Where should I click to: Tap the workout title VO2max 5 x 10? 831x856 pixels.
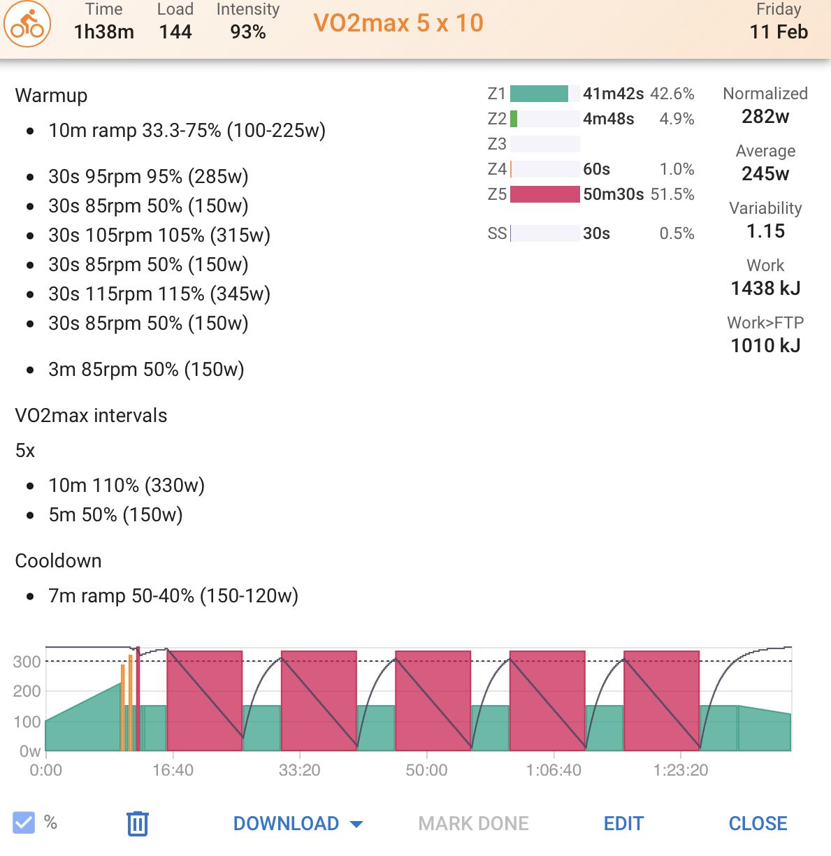(x=398, y=23)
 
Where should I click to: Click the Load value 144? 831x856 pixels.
(x=175, y=32)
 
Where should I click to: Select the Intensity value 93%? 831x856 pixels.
(x=247, y=32)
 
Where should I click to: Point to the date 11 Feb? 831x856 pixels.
(x=779, y=32)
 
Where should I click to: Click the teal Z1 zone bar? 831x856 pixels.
(x=539, y=94)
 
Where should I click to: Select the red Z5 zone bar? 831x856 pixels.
(x=545, y=194)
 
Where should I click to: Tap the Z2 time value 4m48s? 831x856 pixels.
(x=608, y=119)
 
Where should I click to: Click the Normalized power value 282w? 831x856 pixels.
(x=765, y=117)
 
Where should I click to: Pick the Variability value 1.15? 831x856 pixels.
(x=765, y=231)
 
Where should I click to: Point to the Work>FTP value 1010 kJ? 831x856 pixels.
(x=765, y=346)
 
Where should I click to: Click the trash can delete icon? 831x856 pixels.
(x=138, y=823)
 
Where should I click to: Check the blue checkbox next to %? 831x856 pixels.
(x=24, y=822)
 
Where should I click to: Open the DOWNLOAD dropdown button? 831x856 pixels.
(x=298, y=823)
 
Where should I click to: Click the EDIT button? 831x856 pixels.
(x=623, y=823)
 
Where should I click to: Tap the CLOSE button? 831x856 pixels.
(x=758, y=823)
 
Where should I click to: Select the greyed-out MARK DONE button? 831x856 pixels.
(x=473, y=823)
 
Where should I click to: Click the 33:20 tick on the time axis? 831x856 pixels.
(x=300, y=770)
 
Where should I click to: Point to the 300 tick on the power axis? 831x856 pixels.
(x=27, y=662)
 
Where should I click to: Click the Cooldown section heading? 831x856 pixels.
(x=59, y=561)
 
